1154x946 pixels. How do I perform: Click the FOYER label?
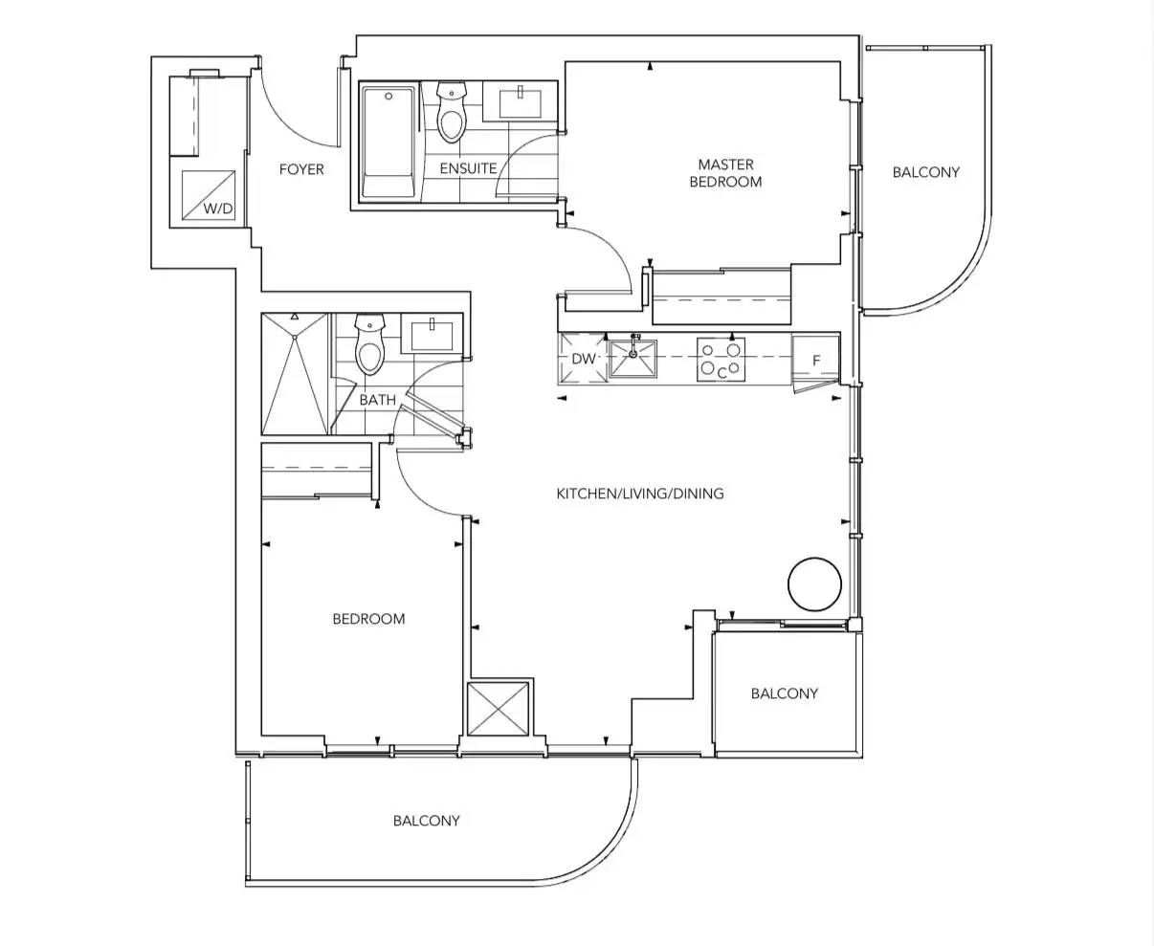301,169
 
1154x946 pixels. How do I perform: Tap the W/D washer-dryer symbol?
209,195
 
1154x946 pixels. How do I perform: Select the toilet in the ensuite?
452,112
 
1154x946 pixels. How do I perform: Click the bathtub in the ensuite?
388,142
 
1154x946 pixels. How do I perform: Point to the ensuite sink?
520,102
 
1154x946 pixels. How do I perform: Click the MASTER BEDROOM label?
725,173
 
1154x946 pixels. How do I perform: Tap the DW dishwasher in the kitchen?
584,359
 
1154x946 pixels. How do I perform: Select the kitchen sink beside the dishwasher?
633,358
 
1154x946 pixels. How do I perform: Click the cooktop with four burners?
721,360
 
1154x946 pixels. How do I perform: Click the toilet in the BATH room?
370,344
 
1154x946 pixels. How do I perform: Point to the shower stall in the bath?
295,374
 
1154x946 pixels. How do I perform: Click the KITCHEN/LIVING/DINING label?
640,494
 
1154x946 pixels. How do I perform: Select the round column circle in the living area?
814,584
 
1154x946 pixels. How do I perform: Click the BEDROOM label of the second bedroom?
368,619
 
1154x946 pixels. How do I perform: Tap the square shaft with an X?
498,709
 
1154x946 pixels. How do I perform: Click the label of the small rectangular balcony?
784,693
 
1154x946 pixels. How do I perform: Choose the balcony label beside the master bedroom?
926,172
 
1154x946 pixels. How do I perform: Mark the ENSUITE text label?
468,168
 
